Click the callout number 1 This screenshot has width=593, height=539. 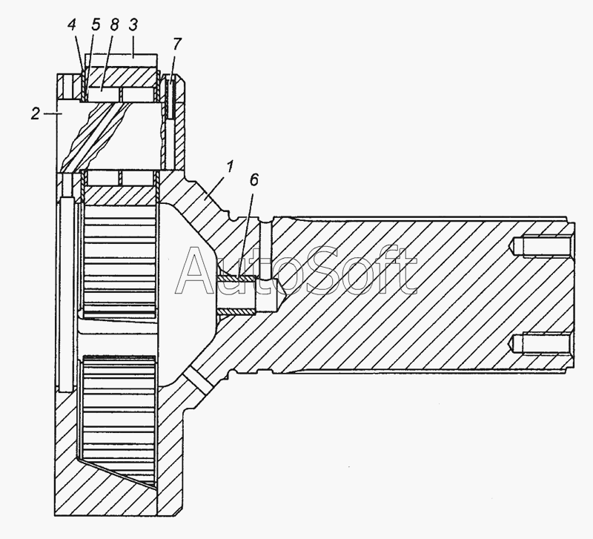(230, 167)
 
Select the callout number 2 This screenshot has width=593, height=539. (36, 113)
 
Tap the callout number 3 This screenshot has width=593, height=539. (133, 25)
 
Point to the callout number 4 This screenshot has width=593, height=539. (72, 25)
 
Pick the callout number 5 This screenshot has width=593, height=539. (96, 25)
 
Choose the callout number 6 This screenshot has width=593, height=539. (254, 180)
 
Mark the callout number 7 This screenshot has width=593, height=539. (177, 44)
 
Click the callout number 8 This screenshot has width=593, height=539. (114, 25)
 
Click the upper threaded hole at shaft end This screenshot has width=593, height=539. (540, 246)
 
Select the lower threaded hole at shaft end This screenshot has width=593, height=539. (540, 344)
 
